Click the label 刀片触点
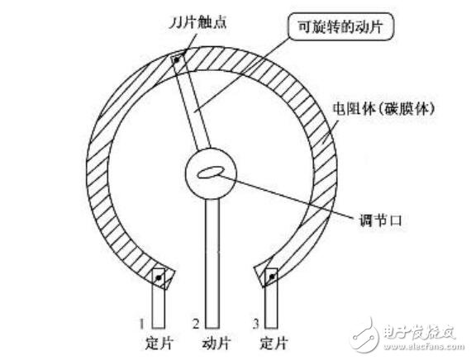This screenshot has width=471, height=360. [197, 23]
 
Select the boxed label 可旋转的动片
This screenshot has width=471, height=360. [340, 26]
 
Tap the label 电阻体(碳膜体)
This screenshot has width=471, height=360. [383, 109]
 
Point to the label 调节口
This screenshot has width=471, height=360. [380, 221]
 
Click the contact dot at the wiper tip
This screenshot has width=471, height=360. [177, 59]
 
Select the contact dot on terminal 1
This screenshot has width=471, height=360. [159, 278]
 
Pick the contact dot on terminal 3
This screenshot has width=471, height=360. [272, 277]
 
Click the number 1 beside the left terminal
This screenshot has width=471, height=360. [142, 324]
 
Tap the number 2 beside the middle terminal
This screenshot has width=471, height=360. [196, 324]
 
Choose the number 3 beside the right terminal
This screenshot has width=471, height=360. [255, 324]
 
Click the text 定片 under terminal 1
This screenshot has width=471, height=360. [159, 343]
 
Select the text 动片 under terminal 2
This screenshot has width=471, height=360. [216, 343]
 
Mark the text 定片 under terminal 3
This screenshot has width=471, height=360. [274, 343]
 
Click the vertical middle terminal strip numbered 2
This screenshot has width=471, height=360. [212, 263]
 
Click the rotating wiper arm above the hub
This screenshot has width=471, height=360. [192, 102]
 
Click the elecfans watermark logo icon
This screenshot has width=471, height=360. [365, 334]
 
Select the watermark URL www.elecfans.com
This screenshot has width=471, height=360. [424, 347]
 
